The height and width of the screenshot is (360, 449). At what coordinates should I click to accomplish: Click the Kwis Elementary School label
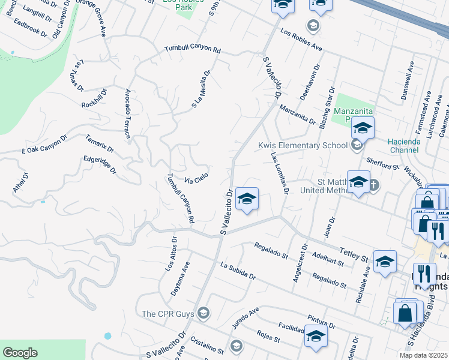click(x=303, y=145)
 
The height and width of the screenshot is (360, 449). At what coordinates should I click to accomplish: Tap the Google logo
click(x=20, y=353)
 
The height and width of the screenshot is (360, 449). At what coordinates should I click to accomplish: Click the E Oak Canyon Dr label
click(x=44, y=144)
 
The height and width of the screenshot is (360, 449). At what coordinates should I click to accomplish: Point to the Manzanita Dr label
click(x=297, y=113)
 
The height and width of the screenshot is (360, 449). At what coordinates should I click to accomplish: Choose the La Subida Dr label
click(x=238, y=271)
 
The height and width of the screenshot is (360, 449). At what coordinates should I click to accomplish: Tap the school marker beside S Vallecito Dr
click(x=246, y=200)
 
